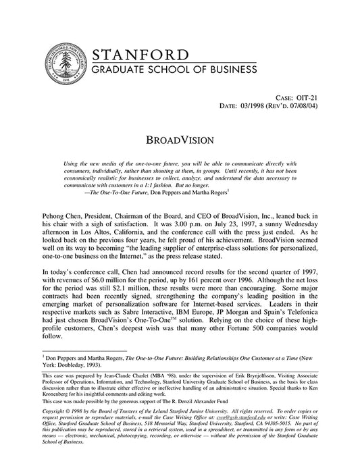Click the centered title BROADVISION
[x=180, y=140]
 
